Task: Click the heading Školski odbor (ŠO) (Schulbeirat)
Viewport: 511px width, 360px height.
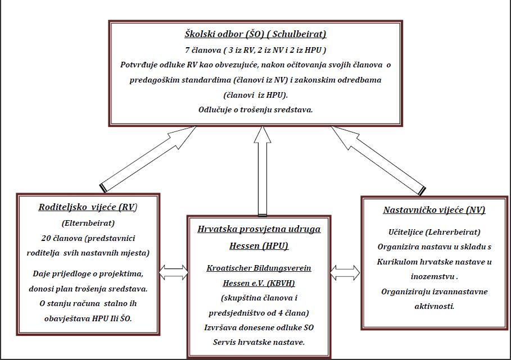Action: (255, 34)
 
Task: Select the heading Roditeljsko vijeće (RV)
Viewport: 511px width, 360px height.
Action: (88, 207)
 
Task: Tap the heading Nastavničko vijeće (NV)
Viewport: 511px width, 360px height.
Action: (434, 210)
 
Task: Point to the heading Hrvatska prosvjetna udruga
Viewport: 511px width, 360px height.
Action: (259, 229)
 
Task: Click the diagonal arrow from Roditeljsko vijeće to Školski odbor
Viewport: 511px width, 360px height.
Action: (148, 159)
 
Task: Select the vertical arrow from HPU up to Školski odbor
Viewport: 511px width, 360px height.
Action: (263, 171)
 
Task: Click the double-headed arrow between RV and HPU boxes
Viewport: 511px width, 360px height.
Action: (173, 272)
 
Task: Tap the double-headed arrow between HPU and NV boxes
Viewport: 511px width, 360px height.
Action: (345, 273)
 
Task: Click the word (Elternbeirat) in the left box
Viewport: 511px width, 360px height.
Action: (88, 224)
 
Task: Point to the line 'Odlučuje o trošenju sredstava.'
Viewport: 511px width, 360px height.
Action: (255, 110)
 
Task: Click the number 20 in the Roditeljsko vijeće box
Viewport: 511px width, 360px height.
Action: (46, 238)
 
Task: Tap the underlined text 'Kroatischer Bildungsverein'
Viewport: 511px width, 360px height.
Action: (259, 268)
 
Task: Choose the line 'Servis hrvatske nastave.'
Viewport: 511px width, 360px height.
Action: (259, 343)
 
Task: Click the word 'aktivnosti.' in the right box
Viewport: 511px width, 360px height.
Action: (435, 306)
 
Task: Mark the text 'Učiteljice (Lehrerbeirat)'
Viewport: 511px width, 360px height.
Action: (435, 233)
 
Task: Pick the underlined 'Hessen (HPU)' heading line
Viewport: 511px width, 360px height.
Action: (259, 246)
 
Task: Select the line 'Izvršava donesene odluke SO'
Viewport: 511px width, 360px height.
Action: (259, 327)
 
